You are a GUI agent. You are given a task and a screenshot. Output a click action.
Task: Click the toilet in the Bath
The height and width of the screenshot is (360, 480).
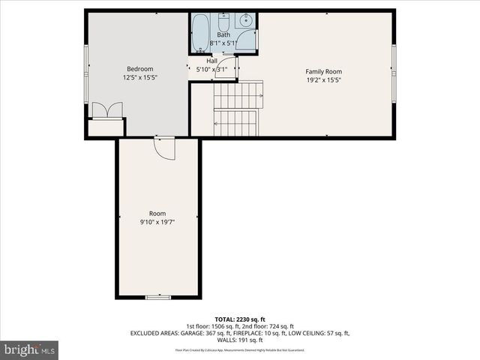pyautogui.click(x=224, y=22)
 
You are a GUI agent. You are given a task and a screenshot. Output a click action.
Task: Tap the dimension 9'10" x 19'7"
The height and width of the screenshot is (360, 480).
pyautogui.click(x=157, y=222)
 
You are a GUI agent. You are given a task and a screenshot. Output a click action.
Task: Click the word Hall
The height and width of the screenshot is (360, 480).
pyautogui.click(x=212, y=61)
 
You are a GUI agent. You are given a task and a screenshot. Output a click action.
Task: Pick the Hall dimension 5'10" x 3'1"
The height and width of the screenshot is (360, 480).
pyautogui.click(x=211, y=69)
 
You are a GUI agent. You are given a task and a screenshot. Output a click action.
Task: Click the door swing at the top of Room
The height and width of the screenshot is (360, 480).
pyautogui.click(x=164, y=148)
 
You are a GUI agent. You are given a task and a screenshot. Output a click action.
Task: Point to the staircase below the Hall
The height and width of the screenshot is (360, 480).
pyautogui.click(x=236, y=109)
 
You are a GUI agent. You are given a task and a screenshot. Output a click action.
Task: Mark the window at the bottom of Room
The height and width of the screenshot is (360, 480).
pyautogui.click(x=157, y=297)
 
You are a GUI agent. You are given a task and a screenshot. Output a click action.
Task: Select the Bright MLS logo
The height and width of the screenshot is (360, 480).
pyautogui.click(x=29, y=349)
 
